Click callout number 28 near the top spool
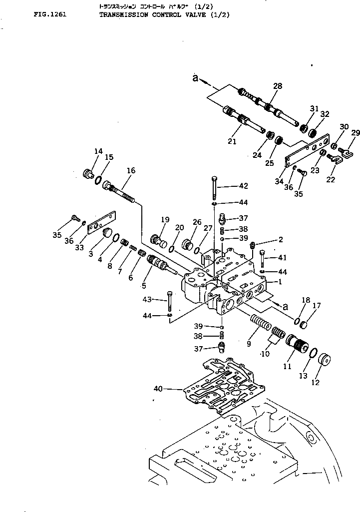(277, 86)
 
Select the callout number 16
(130, 170)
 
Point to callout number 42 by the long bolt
(243, 186)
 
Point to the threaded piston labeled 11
(298, 345)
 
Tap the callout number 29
(355, 132)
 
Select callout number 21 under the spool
(232, 142)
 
